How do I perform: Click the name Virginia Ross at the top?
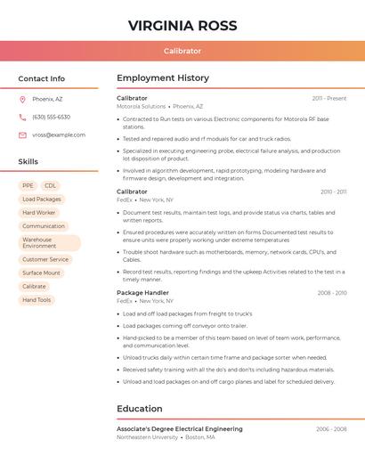pyautogui.click(x=182, y=25)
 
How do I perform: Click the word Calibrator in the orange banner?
pyautogui.click(x=182, y=51)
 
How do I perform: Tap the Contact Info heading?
pyautogui.click(x=41, y=78)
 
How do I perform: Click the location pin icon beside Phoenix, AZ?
pyautogui.click(x=22, y=99)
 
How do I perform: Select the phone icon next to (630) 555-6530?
pyautogui.click(x=22, y=117)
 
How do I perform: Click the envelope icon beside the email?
pyautogui.click(x=22, y=135)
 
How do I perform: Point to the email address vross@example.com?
pyautogui.click(x=59, y=135)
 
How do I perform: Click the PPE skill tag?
pyautogui.click(x=28, y=186)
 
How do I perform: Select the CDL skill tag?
pyautogui.click(x=50, y=186)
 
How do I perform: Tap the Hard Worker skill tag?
pyautogui.click(x=38, y=213)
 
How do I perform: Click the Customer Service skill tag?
pyautogui.click(x=45, y=259)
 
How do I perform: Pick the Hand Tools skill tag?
pyautogui.click(x=36, y=300)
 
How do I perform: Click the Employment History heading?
pyautogui.click(x=163, y=78)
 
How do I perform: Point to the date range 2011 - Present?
pyautogui.click(x=329, y=98)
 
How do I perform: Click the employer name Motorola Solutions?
pyautogui.click(x=141, y=106)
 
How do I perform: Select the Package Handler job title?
pyautogui.click(x=142, y=293)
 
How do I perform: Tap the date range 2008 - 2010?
pyautogui.click(x=332, y=293)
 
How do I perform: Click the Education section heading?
pyautogui.click(x=140, y=409)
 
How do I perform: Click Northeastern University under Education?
pyautogui.click(x=147, y=437)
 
